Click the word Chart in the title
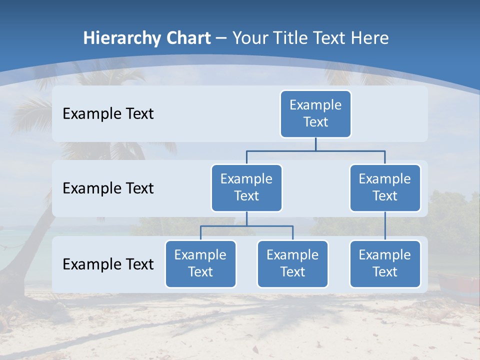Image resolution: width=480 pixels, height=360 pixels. [x=188, y=38]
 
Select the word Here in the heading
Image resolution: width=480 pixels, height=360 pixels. [x=370, y=38]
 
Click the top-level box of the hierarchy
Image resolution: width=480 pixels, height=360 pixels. [x=315, y=113]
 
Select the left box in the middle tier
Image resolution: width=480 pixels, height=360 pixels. [x=246, y=187]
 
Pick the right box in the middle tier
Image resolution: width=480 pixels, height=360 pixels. [x=385, y=187]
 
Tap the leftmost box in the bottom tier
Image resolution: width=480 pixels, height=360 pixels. [x=200, y=263]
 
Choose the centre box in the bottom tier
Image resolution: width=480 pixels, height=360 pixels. [x=292, y=263]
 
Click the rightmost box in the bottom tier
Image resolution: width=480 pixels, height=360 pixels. [x=385, y=263]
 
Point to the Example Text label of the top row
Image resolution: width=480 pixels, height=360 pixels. [x=108, y=113]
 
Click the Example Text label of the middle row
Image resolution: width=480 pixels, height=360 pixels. [x=108, y=188]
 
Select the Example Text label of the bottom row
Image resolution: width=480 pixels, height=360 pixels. [x=108, y=264]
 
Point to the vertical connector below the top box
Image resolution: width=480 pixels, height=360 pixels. [x=315, y=144]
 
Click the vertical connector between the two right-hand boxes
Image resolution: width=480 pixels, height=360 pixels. [x=385, y=225]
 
